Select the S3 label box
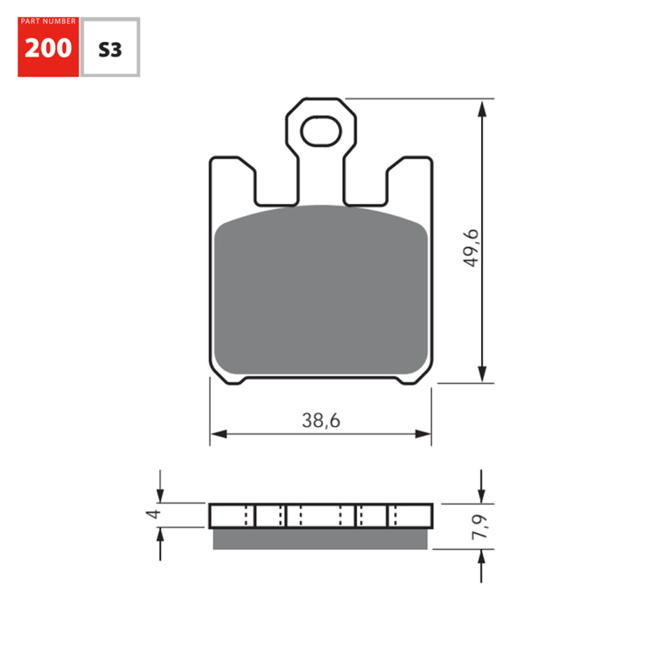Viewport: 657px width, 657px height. [110, 49]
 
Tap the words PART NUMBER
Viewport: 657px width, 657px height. [48, 22]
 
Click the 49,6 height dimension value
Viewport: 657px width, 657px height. [472, 248]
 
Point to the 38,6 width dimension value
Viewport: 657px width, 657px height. [321, 421]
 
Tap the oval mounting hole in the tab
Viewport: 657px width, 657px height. [322, 131]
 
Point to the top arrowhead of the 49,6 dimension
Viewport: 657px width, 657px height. [483, 108]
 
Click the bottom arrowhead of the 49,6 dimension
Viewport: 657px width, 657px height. [483, 373]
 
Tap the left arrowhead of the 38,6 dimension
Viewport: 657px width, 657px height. [219, 434]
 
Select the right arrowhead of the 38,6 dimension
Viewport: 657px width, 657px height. [423, 434]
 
